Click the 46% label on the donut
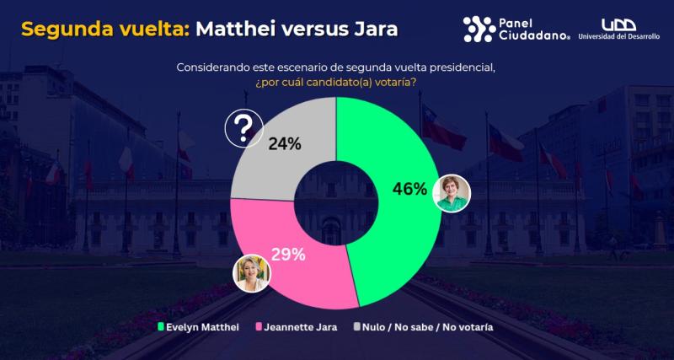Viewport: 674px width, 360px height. click(409, 189)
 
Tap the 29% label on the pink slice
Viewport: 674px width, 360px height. click(288, 254)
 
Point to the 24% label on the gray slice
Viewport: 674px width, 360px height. click(285, 143)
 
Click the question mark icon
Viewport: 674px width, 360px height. click(243, 129)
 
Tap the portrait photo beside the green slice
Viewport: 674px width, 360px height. click(452, 194)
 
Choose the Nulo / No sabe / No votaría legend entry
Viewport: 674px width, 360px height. click(429, 326)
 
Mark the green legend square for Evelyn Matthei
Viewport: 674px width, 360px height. click(161, 326)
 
